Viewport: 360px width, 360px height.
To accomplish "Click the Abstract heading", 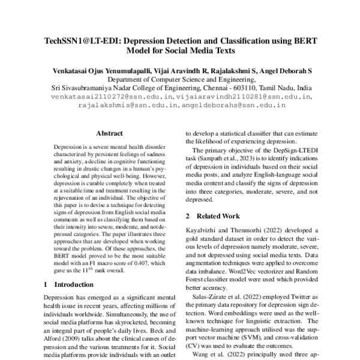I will coord(109,134).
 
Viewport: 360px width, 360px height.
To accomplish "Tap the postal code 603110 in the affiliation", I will coord(225,87).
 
